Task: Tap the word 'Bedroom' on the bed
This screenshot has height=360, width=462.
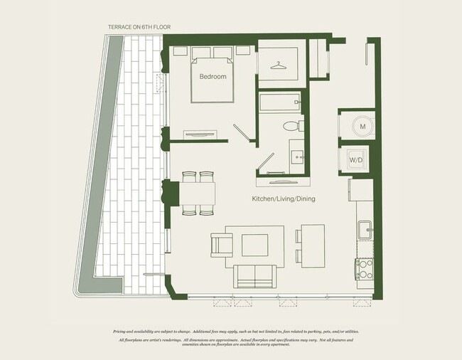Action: pos(213,76)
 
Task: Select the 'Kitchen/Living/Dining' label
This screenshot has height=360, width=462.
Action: pos(283,201)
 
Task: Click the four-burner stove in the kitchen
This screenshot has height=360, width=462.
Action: pos(364,268)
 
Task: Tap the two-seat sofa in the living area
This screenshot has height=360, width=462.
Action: pos(256,275)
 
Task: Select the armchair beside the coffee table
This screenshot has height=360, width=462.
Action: pos(221,245)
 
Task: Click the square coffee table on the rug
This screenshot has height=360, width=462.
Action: pos(254,245)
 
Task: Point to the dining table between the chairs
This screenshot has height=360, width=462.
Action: pos(199,193)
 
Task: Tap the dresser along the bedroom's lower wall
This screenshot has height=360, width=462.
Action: pos(200,134)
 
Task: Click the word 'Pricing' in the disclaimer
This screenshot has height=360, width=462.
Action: pos(123,332)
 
